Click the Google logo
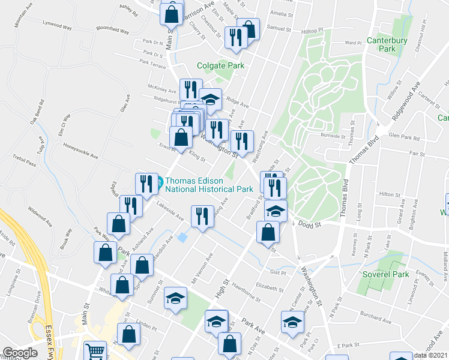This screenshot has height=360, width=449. tap(19, 353)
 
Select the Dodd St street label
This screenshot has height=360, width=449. tap(311, 224)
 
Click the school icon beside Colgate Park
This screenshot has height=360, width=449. tap(210, 99)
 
